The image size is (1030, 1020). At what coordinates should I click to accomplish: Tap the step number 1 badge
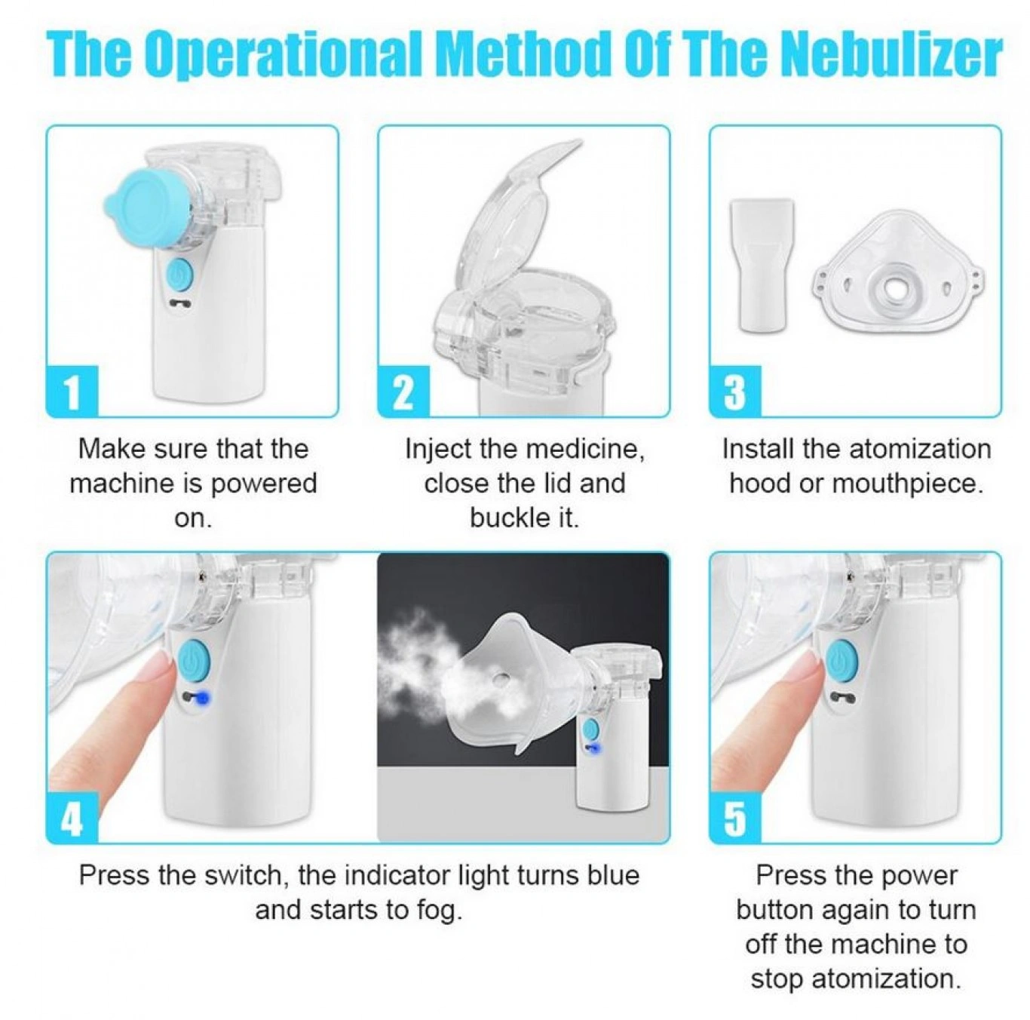point(72,390)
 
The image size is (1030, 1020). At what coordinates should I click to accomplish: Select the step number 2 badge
point(404,390)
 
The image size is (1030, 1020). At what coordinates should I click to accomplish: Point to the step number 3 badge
point(735,390)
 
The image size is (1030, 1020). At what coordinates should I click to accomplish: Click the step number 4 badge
point(72,817)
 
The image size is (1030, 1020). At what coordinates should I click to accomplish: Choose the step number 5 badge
point(735,817)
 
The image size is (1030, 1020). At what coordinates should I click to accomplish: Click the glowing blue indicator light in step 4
point(203,698)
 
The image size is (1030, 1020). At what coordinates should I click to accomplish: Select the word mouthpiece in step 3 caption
point(906,484)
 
